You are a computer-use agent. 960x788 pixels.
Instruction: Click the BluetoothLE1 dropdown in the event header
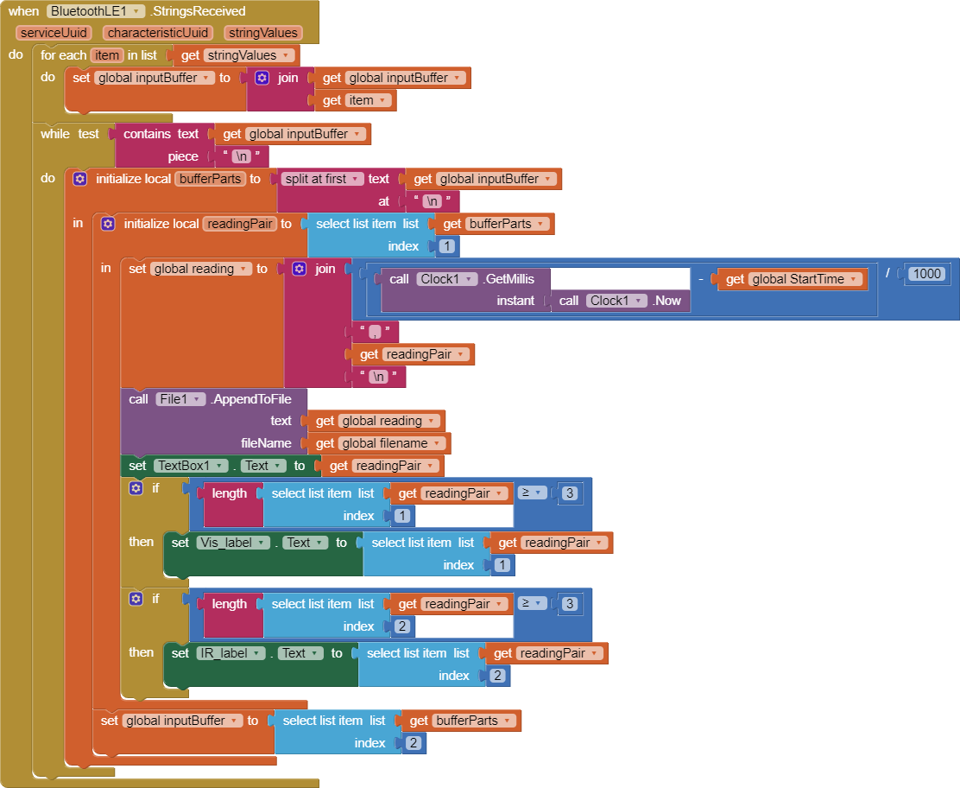(x=96, y=11)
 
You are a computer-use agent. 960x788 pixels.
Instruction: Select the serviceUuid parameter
(x=54, y=33)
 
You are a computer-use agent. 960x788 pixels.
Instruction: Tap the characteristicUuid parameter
(x=156, y=33)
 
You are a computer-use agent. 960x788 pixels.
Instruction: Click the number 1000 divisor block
(x=926, y=274)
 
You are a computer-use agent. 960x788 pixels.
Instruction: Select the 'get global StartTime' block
(x=792, y=279)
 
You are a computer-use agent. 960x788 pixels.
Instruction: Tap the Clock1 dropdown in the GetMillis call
(x=446, y=279)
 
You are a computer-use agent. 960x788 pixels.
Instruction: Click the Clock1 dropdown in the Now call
(x=616, y=301)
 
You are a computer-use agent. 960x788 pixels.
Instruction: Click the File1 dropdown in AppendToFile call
(x=180, y=398)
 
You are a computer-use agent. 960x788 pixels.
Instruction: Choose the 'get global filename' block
(x=378, y=443)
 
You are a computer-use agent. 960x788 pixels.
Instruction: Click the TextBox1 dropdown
(x=190, y=466)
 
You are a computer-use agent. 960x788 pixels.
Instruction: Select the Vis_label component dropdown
(x=230, y=543)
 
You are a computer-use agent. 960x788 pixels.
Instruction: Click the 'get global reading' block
(x=376, y=421)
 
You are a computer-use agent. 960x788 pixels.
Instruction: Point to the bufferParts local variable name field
(x=210, y=179)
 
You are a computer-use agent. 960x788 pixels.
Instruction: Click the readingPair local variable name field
(x=239, y=224)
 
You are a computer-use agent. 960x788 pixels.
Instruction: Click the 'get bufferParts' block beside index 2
(x=460, y=721)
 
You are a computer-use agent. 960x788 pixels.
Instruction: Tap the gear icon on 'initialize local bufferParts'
(x=79, y=179)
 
